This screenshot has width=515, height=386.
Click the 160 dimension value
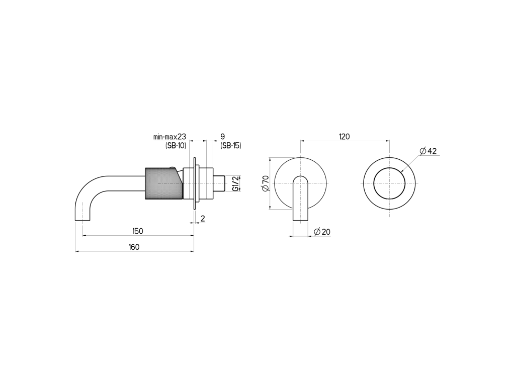(x=134, y=247)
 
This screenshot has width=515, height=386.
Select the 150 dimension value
(x=138, y=231)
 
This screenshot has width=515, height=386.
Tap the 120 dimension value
(x=345, y=137)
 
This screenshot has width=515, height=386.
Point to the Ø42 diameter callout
(x=428, y=151)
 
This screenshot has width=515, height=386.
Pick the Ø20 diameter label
(x=322, y=232)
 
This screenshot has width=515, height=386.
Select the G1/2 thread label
(x=235, y=183)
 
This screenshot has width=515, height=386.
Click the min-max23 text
(x=170, y=137)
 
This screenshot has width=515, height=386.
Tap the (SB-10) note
(x=176, y=146)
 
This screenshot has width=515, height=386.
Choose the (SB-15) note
(x=230, y=146)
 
